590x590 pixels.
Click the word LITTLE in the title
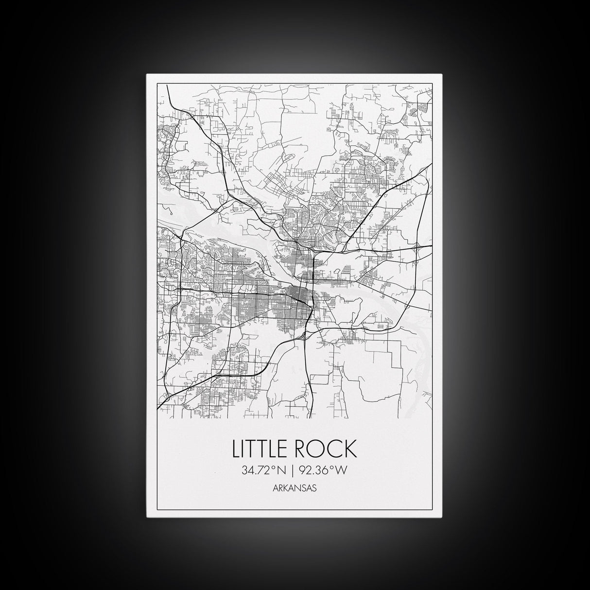click(x=260, y=449)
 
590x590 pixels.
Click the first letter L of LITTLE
click(x=237, y=449)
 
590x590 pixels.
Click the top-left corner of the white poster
click(x=147, y=74)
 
